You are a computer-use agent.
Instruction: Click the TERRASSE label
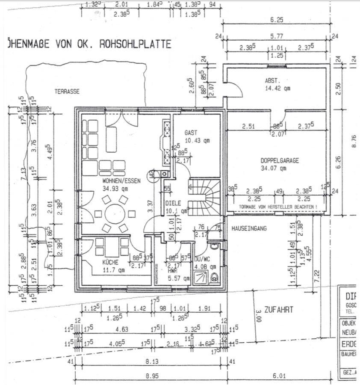click(x=67, y=91)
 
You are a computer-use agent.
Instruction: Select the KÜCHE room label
click(x=102, y=262)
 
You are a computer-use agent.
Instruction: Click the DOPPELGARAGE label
click(x=280, y=161)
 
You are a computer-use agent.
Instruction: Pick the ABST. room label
click(x=272, y=80)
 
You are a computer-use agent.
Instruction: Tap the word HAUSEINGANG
click(x=249, y=229)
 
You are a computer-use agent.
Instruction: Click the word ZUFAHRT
click(x=279, y=310)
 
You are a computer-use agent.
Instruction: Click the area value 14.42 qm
click(x=277, y=88)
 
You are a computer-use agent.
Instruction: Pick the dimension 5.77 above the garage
click(x=278, y=37)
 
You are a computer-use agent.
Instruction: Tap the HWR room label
click(x=172, y=270)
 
